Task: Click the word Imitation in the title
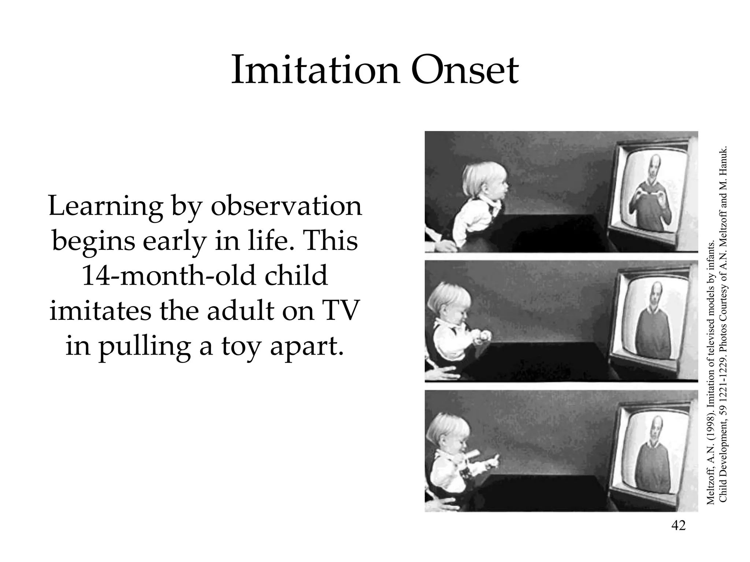coord(315,70)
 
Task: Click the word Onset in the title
coord(464,70)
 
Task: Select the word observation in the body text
coord(286,206)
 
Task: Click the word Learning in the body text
coord(105,207)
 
